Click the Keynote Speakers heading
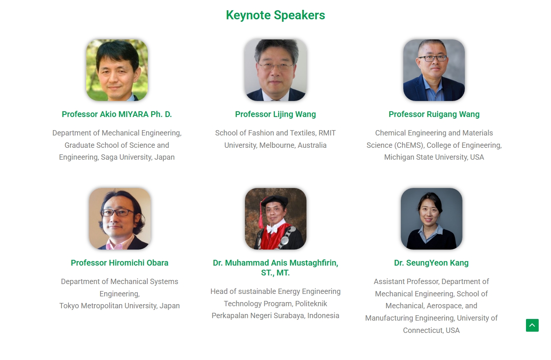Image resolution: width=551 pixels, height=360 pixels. (276, 15)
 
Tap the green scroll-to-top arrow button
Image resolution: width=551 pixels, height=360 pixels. (532, 325)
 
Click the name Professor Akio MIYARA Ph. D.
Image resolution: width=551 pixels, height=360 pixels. (117, 114)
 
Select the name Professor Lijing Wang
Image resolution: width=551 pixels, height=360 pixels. (276, 115)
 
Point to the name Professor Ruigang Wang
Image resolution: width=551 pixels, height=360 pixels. (434, 115)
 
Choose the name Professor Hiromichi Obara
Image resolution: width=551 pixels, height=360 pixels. (119, 263)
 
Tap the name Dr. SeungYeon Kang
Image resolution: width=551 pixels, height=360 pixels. (431, 263)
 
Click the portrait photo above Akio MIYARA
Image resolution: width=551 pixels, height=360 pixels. (117, 70)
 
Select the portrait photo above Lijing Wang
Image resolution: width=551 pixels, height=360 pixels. (276, 70)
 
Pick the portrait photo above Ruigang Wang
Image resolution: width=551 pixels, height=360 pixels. (434, 70)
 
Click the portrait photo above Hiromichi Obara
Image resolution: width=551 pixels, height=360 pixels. (120, 219)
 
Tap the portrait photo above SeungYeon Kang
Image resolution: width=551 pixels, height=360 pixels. (432, 219)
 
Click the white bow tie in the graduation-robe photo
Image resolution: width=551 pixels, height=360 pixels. (272, 229)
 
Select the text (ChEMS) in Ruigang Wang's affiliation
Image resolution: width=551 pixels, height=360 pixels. (409, 145)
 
